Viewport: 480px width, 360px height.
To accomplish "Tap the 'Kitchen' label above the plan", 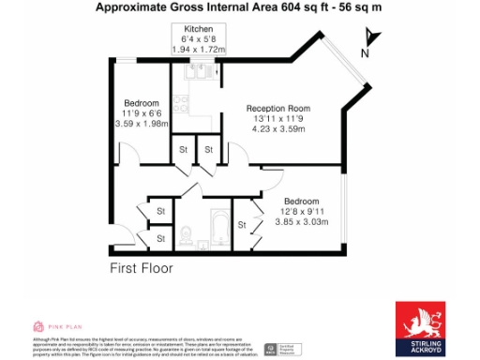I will pyautogui.click(x=198, y=30).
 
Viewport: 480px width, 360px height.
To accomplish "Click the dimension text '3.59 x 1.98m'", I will pyautogui.click(x=141, y=124).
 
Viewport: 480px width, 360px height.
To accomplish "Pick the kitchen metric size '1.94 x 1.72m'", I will pyautogui.click(x=198, y=48).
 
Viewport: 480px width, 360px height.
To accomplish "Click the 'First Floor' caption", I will pyautogui.click(x=142, y=267).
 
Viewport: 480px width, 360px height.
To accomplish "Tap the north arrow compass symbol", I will pyautogui.click(x=369, y=39).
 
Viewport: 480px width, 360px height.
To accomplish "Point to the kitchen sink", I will pyautogui.click(x=198, y=68).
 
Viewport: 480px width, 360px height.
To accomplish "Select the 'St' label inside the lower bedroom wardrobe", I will pyautogui.click(x=244, y=223).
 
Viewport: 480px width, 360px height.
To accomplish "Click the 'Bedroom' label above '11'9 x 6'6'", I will pyautogui.click(x=141, y=102).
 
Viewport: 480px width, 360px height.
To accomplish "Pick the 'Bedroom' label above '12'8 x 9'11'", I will pyautogui.click(x=301, y=202).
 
